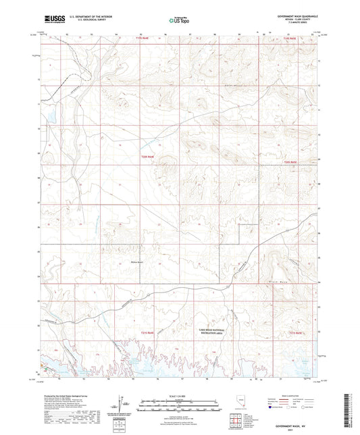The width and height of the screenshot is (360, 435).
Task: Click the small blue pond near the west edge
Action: click(49, 120)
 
